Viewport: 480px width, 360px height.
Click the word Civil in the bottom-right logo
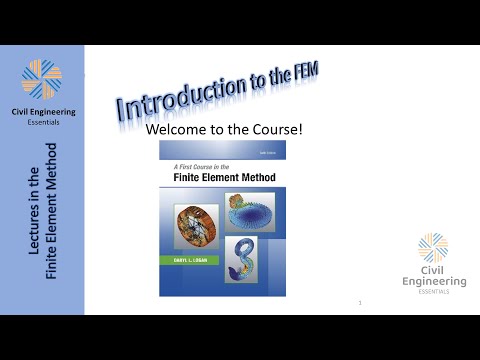coord(433,269)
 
